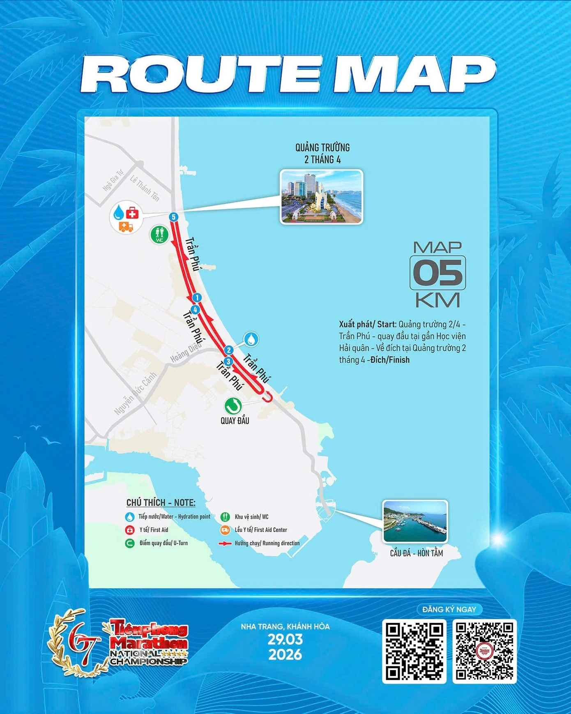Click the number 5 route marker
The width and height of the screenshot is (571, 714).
tap(174, 217)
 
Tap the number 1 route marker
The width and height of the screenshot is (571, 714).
tap(197, 297)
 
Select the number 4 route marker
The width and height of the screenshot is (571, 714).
tap(195, 309)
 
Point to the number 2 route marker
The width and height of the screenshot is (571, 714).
tap(228, 350)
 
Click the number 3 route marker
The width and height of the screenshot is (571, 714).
tap(228, 362)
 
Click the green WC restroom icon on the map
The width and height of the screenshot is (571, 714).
tap(159, 235)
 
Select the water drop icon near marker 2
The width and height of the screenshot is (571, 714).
tap(251, 339)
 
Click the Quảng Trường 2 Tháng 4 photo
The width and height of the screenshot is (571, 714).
tap(321, 197)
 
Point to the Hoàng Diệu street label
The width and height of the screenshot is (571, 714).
tap(186, 352)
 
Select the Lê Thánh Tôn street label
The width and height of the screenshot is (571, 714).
tap(145, 188)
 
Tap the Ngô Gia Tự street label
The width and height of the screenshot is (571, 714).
tap(113, 181)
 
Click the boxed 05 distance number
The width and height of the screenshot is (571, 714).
tap(437, 273)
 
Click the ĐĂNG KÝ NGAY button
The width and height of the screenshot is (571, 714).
tap(449, 609)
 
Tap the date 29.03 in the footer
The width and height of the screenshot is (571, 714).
tap(285, 639)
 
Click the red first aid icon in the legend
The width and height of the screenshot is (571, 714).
tap(130, 530)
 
